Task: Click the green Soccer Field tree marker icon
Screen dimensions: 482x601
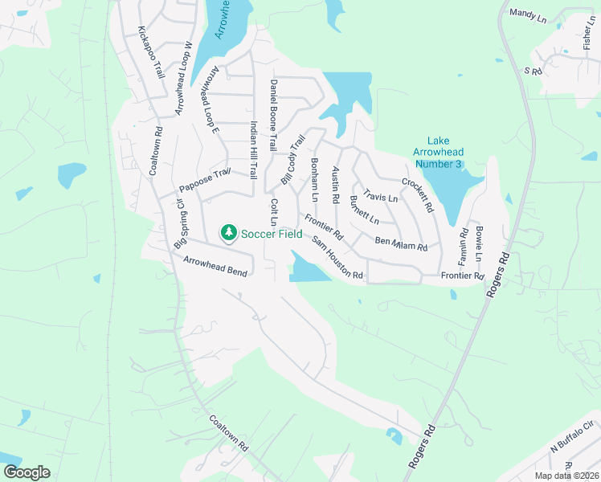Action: (229, 233)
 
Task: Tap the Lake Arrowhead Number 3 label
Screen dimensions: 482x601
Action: (438, 152)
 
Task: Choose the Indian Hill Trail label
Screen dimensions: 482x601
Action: (253, 149)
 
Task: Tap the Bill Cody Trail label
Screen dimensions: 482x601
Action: (292, 158)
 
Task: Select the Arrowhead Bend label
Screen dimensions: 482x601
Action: (215, 267)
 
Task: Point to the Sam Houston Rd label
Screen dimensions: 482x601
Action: (337, 259)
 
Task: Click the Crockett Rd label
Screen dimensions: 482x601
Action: (418, 194)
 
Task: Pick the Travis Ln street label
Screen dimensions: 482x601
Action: (381, 195)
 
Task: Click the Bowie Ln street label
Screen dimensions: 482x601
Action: (479, 243)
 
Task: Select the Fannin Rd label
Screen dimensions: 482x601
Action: (464, 244)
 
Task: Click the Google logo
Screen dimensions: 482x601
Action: (27, 472)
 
